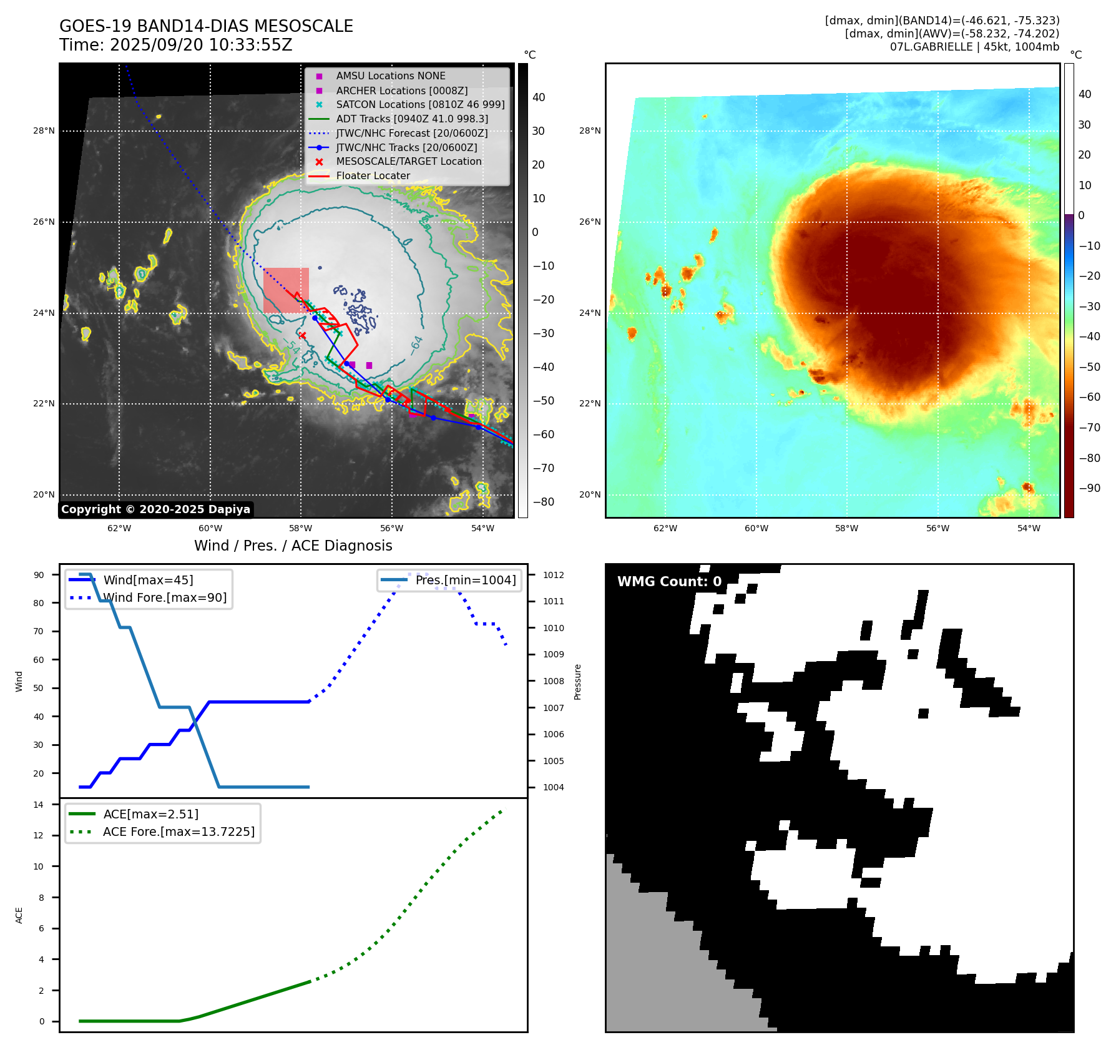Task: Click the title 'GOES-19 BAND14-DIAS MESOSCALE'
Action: pyautogui.click(x=206, y=26)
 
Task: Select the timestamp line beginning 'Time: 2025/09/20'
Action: pyautogui.click(x=175, y=45)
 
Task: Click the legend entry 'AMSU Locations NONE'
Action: pyautogui.click(x=390, y=76)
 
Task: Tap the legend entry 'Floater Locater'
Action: pyautogui.click(x=373, y=176)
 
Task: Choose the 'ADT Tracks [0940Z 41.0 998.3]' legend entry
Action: pyautogui.click(x=412, y=119)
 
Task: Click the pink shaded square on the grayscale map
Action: pyautogui.click(x=286, y=290)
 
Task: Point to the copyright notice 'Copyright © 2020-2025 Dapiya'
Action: pyautogui.click(x=155, y=509)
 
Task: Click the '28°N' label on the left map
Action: pyautogui.click(x=44, y=130)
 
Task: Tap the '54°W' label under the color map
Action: pyautogui.click(x=1029, y=528)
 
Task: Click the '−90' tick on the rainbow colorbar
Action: pyautogui.click(x=1089, y=488)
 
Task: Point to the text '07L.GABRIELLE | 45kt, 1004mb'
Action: pyautogui.click(x=974, y=47)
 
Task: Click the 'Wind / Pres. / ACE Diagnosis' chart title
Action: pyautogui.click(x=293, y=546)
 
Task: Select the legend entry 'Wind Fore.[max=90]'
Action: pyautogui.click(x=165, y=597)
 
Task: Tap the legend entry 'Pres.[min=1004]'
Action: pyautogui.click(x=466, y=580)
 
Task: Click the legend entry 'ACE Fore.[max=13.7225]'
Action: pyautogui.click(x=179, y=832)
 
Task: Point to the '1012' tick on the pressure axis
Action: pyautogui.click(x=553, y=575)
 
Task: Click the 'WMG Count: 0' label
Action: pyautogui.click(x=669, y=582)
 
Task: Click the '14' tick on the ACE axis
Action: pyautogui.click(x=39, y=805)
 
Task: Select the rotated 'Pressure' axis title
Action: pyautogui.click(x=577, y=682)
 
